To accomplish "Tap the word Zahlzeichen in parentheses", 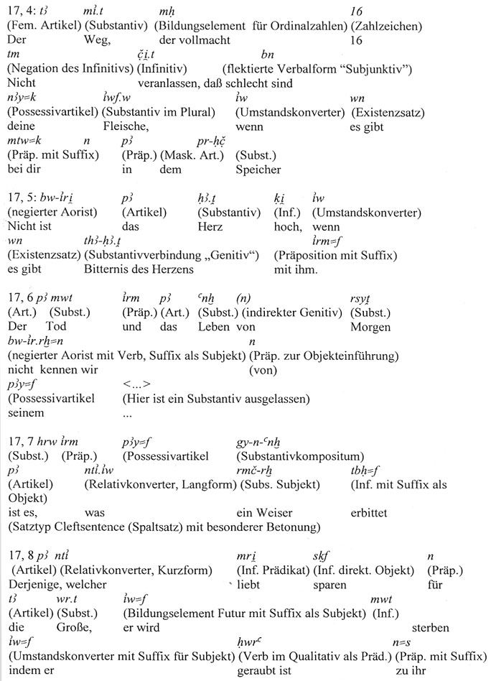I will [385, 27].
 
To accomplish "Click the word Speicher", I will [258, 170].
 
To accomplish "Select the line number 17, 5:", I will [20, 199].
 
